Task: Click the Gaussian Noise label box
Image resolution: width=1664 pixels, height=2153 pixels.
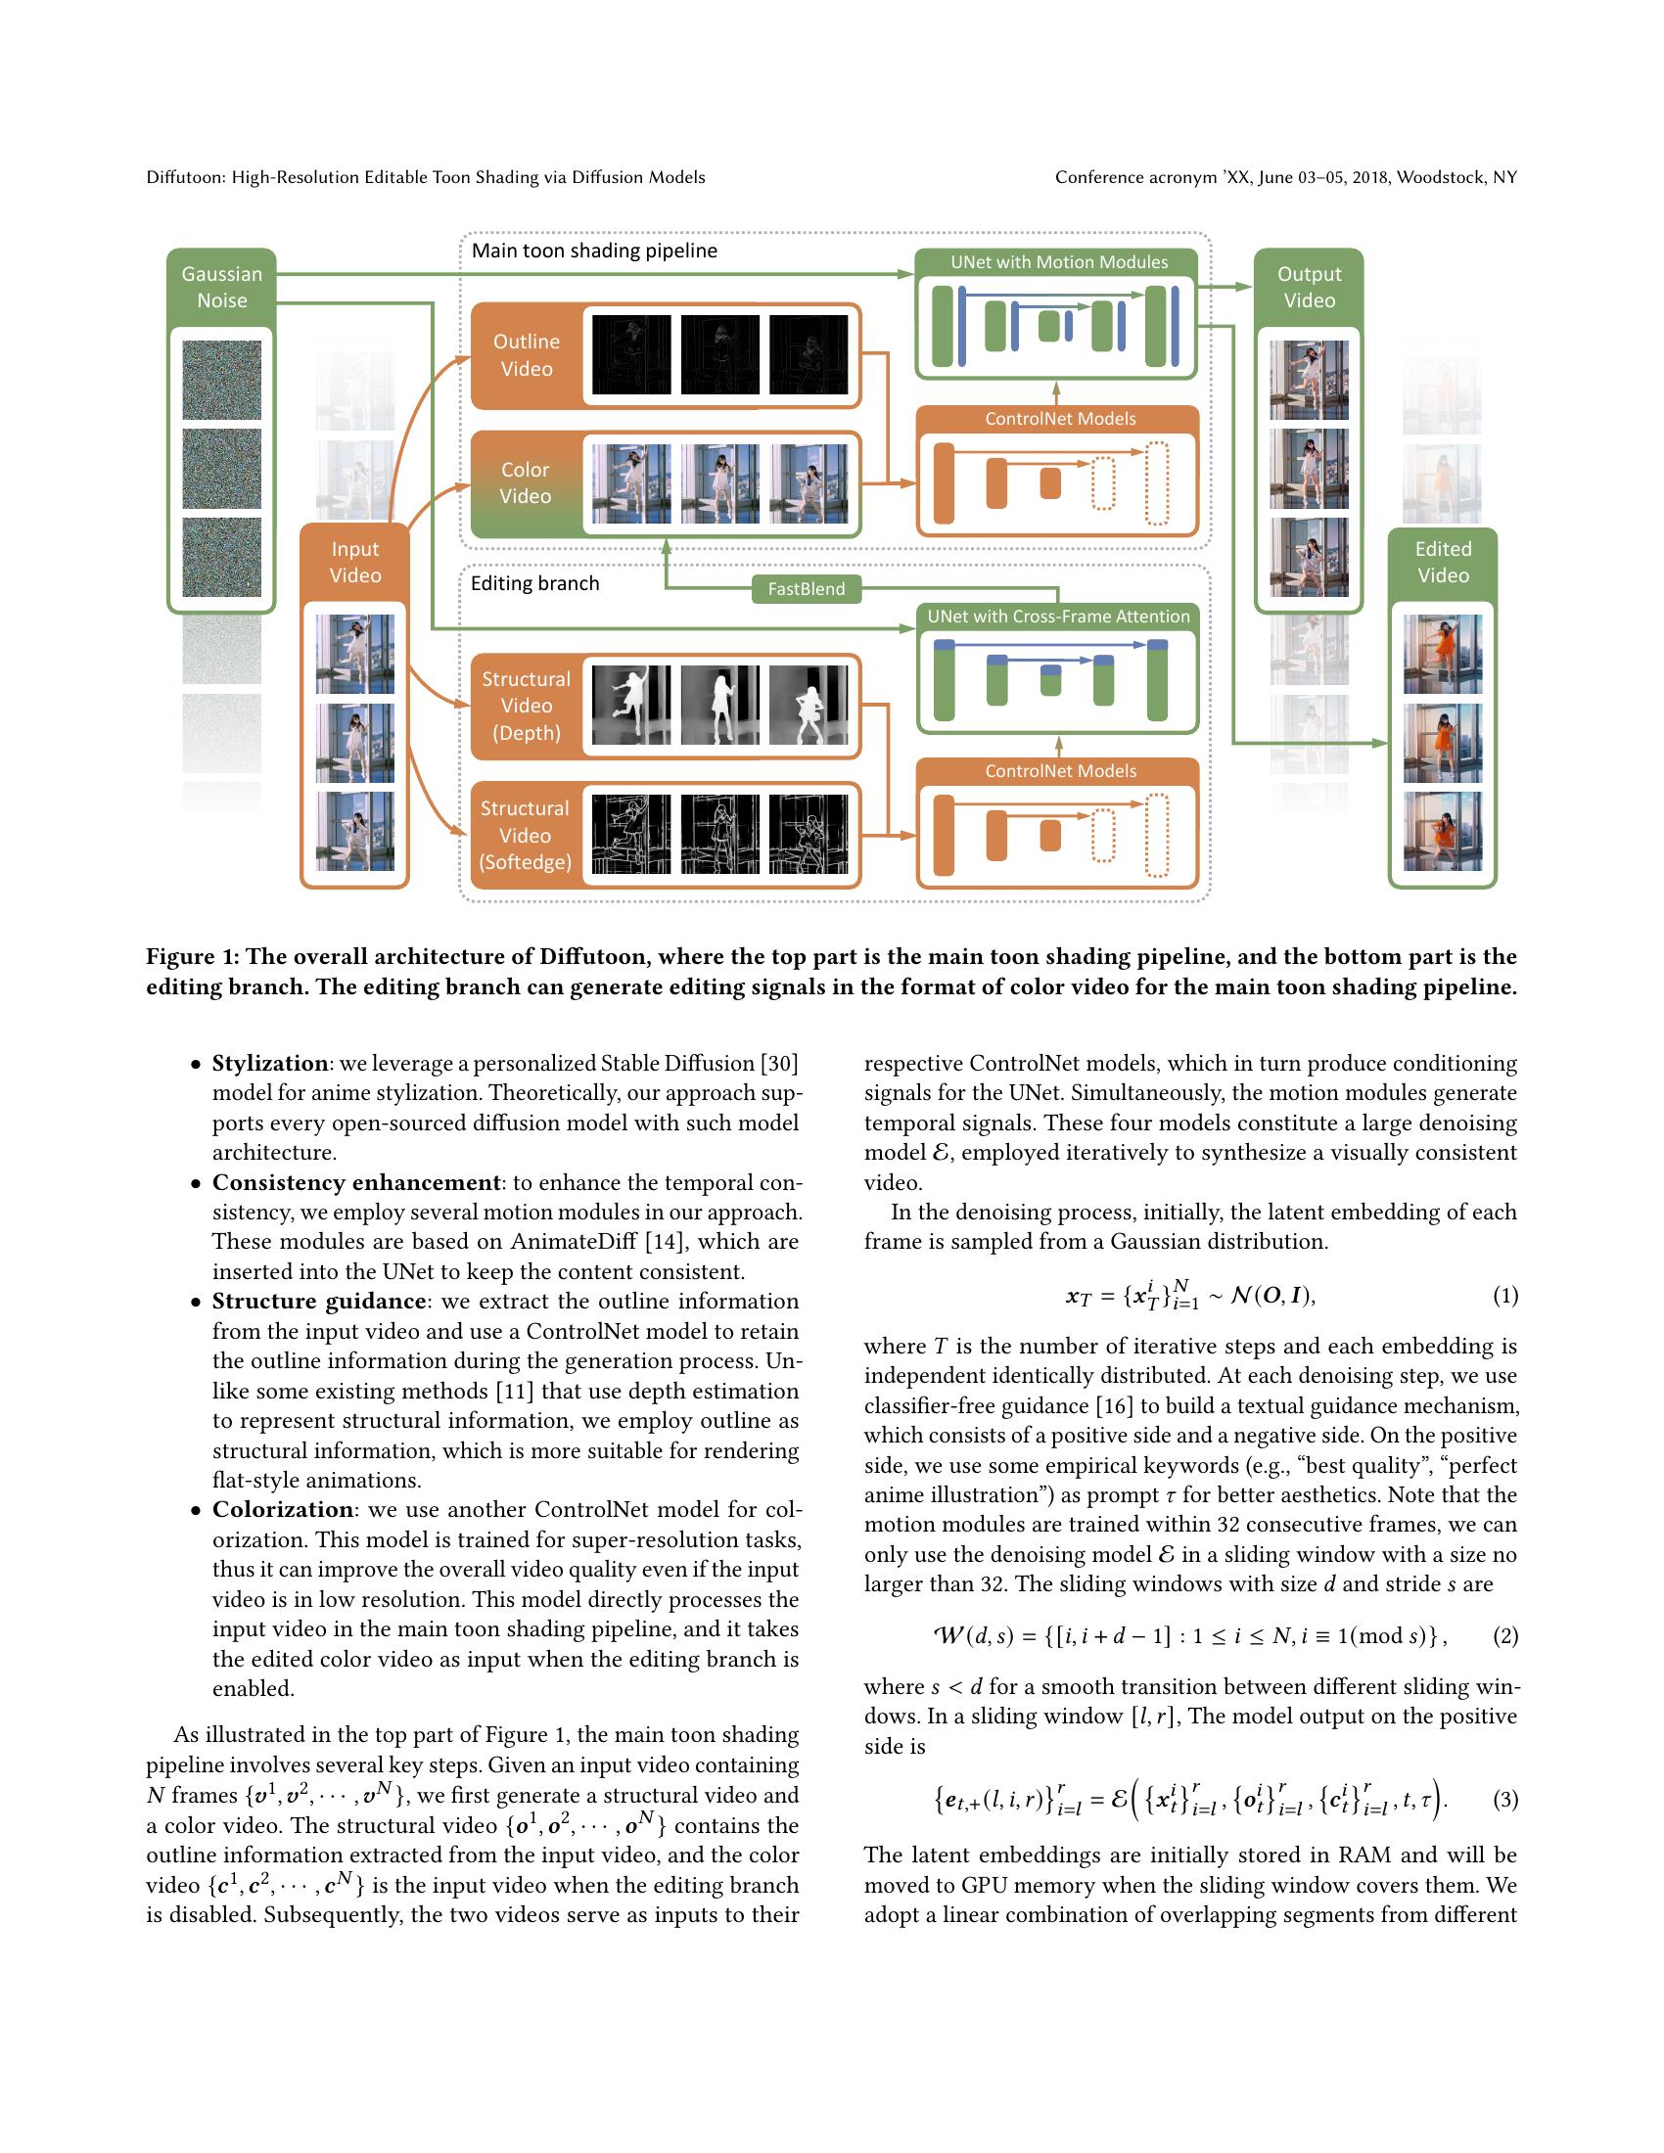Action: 222,287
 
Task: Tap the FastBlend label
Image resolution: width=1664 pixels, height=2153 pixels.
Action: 806,588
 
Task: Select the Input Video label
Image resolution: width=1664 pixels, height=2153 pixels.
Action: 355,562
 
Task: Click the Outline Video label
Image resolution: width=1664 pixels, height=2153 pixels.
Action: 527,355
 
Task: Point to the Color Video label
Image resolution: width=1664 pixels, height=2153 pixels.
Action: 526,483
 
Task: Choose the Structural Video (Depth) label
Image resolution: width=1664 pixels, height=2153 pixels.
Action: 527,706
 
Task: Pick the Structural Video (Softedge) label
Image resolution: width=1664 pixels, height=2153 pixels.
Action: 526,835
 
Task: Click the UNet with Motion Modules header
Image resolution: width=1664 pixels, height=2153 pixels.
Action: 1059,262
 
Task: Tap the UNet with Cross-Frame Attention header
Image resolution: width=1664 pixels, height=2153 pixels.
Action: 1059,617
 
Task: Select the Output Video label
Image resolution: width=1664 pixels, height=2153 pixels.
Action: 1309,287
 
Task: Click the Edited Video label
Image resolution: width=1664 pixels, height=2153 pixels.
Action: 1442,562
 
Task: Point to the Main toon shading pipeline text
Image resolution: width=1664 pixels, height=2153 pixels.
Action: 594,251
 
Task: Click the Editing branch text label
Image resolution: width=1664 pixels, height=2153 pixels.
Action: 534,583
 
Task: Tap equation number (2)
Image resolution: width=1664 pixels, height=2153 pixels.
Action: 1505,1636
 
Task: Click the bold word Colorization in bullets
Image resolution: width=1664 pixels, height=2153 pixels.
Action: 283,1509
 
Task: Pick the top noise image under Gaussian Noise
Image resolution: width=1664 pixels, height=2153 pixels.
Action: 222,381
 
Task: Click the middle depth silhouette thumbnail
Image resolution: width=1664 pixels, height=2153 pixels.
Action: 719,706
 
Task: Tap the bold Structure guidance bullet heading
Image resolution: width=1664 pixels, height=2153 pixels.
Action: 319,1302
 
